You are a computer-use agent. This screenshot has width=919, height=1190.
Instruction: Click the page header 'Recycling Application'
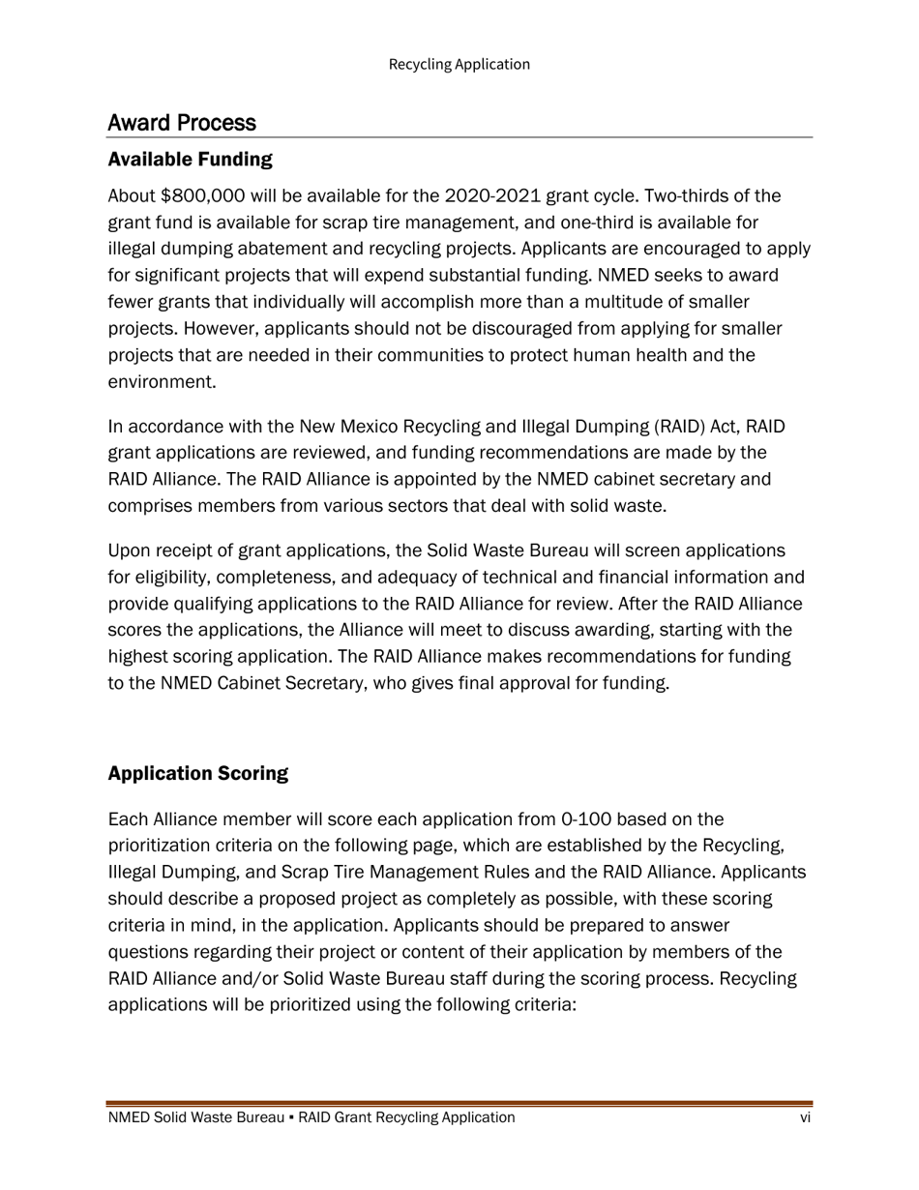coord(459,65)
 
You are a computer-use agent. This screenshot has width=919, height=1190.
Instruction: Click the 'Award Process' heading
coord(182,123)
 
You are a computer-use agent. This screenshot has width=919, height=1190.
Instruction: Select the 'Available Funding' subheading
coord(190,159)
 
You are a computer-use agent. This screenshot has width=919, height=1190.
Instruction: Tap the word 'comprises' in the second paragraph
coord(149,506)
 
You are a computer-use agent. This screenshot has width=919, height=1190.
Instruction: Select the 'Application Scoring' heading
coord(197,774)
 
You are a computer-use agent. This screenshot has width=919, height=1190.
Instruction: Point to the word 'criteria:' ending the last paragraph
coord(541,1005)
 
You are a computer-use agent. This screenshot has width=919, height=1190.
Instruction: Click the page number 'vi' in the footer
coord(805,1118)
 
